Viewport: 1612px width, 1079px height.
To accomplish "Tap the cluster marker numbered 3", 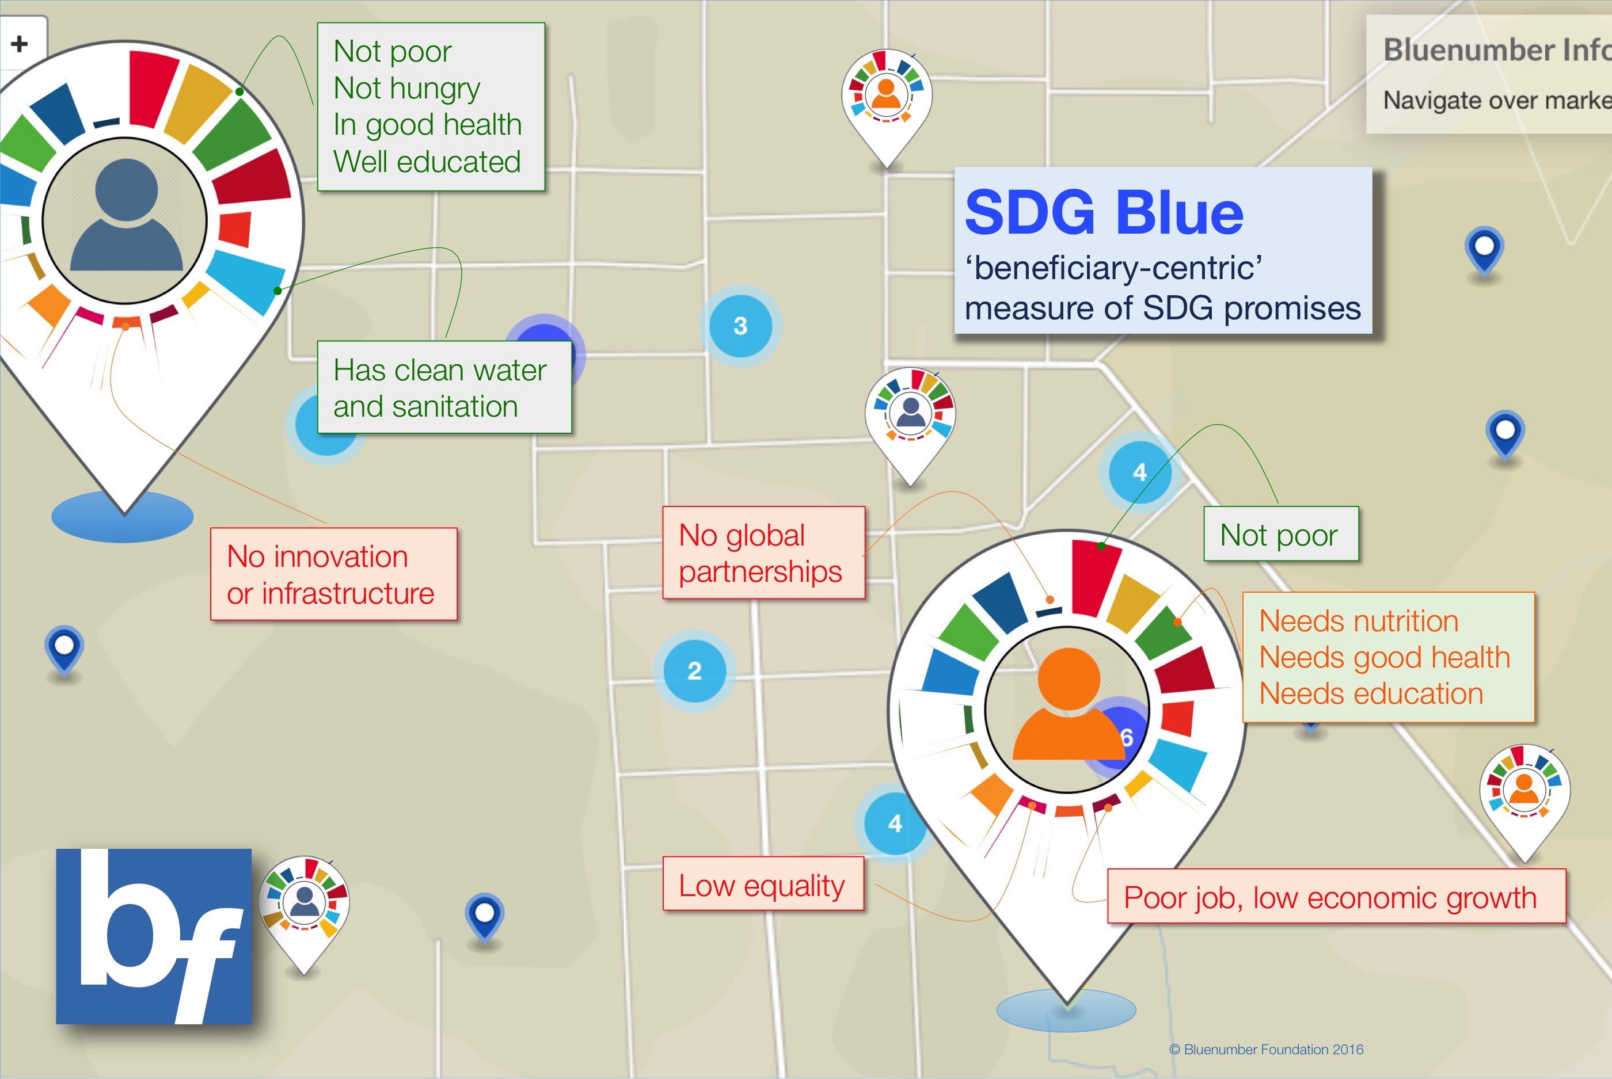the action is [x=740, y=326].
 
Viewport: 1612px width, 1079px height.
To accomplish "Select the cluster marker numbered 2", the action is [x=694, y=670].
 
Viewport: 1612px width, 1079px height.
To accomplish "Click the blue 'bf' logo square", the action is [x=154, y=936].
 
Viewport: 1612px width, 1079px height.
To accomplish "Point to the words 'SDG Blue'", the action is [x=1104, y=212].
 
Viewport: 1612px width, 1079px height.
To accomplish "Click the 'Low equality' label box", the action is [x=763, y=883].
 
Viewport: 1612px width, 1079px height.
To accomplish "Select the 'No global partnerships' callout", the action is [x=763, y=552].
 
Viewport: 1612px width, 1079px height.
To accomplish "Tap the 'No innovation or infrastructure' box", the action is [x=334, y=574].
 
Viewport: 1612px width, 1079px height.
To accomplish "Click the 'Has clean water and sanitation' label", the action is [x=444, y=387].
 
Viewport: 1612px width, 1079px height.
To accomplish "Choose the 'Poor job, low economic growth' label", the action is [x=1336, y=896].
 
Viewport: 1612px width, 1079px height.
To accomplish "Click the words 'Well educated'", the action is [x=427, y=162].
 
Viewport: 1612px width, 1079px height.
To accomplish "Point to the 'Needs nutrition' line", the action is [x=1358, y=621].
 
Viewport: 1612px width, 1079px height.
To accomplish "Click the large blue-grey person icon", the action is [x=127, y=214].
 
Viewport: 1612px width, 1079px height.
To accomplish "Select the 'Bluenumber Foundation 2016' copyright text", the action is [x=1266, y=1050].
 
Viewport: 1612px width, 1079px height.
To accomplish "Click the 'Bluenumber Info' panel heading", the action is [x=1497, y=49].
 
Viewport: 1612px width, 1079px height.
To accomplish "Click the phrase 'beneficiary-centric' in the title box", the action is [x=1113, y=268].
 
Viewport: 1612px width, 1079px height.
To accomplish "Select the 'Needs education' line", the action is [x=1370, y=693].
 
